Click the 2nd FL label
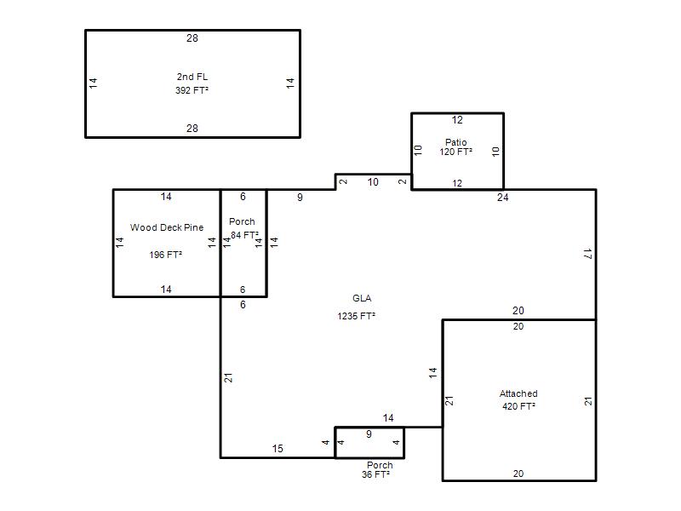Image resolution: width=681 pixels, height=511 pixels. point(192,77)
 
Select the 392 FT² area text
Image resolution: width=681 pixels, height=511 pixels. point(192,90)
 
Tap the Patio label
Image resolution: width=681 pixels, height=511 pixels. point(455,142)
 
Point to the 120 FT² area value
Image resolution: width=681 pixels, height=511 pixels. point(455,152)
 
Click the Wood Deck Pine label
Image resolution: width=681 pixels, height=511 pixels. point(167,227)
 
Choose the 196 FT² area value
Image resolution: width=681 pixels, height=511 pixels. point(165,255)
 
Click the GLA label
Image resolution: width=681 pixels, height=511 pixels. point(362,298)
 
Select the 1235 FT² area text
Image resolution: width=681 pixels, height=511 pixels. point(356,316)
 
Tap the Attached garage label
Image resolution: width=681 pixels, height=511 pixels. point(518,393)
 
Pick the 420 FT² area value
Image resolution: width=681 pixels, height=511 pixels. point(518,406)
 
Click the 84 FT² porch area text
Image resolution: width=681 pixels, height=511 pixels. point(244,235)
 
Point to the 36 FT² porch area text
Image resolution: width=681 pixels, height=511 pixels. point(375,474)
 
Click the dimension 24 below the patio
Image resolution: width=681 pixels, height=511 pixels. point(502,198)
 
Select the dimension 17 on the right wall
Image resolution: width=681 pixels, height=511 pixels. point(587,254)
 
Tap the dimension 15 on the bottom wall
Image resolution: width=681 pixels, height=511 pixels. point(278,449)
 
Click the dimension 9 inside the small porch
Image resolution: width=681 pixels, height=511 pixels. point(369,434)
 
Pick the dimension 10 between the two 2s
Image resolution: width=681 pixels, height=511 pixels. point(373,182)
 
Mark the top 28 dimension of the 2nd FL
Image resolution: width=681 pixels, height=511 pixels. point(192,38)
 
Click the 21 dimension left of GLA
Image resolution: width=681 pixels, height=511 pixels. point(228,378)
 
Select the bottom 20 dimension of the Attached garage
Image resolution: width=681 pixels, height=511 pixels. point(518,474)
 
